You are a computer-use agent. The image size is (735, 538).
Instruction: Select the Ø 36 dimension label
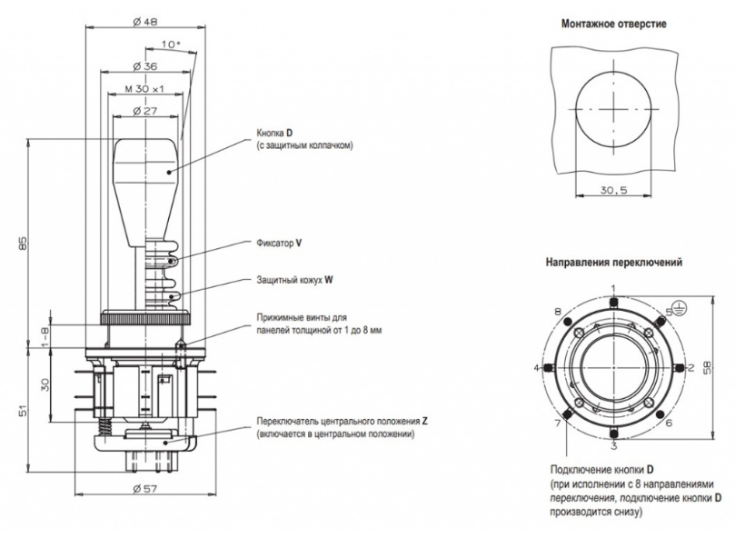tap(145, 65)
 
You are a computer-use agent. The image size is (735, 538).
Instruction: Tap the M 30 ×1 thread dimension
tap(145, 89)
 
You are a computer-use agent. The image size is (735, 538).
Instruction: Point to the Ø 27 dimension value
tap(145, 111)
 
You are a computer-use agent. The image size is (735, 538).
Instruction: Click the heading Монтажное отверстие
tap(613, 23)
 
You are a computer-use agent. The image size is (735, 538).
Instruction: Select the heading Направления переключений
tap(613, 263)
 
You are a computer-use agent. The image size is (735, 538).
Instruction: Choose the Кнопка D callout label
tap(277, 134)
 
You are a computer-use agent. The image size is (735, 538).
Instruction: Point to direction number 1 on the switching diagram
tap(613, 288)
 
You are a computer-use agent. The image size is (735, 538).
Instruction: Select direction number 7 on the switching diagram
tap(556, 424)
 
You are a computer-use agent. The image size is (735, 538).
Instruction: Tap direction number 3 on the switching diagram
tap(613, 446)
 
